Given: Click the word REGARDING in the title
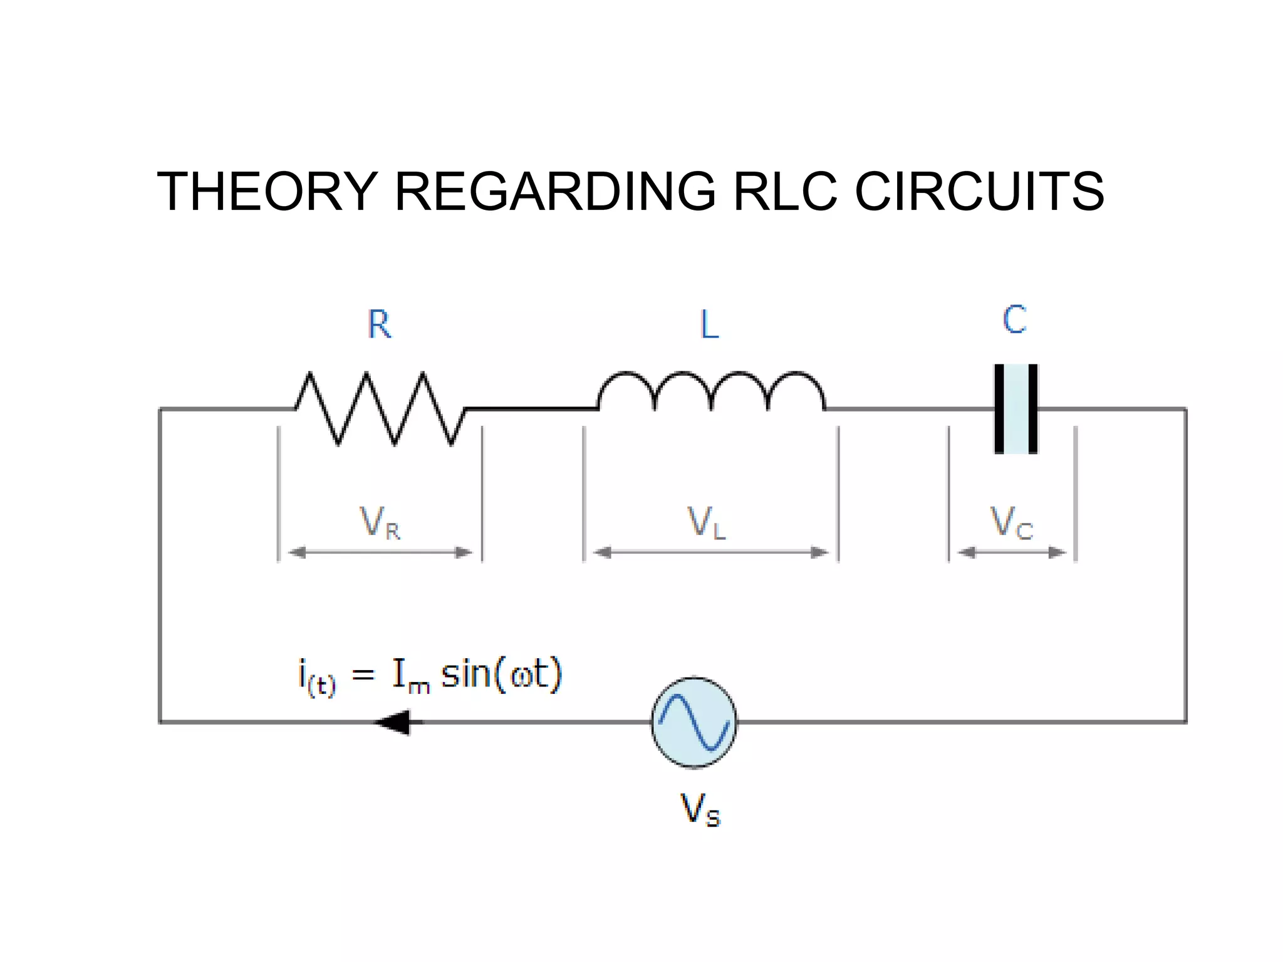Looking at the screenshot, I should pos(555,192).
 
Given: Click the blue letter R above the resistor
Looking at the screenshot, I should pos(379,324).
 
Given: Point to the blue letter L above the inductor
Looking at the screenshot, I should pos(709,324).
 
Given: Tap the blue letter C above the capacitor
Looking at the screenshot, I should pos(1014,319).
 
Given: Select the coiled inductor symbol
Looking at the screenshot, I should pos(711,391).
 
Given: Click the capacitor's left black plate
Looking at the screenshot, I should pos(999,409).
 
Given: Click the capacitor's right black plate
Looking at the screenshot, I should pos(1033,409).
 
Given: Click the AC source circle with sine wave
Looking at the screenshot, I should pos(694,722).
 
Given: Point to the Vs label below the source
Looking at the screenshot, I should pos(700,810).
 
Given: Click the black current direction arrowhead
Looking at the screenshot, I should pos(395,722).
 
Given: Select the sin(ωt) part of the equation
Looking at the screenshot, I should pos(502,675).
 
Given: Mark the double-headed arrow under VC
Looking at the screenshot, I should pos(1012,552).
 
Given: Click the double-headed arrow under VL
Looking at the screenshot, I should pos(710,552).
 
